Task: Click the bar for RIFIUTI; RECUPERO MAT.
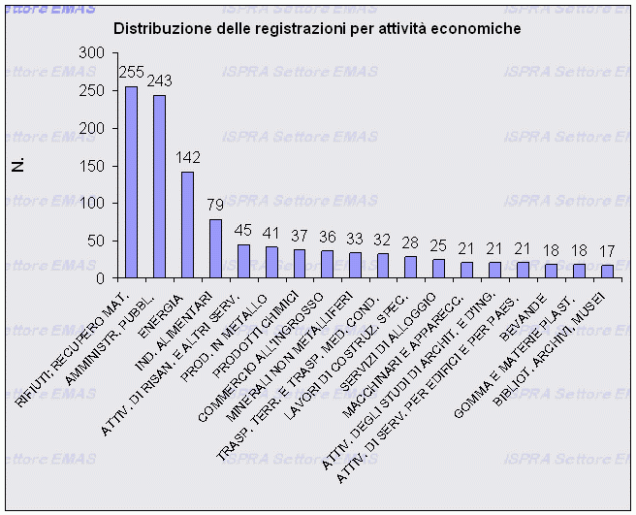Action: click(131, 182)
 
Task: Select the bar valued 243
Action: click(159, 187)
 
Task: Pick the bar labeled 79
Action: click(215, 249)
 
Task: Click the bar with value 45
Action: click(243, 262)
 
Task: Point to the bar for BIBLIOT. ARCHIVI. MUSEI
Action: click(607, 272)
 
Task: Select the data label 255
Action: click(131, 72)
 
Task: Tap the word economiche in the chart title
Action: click(477, 29)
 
